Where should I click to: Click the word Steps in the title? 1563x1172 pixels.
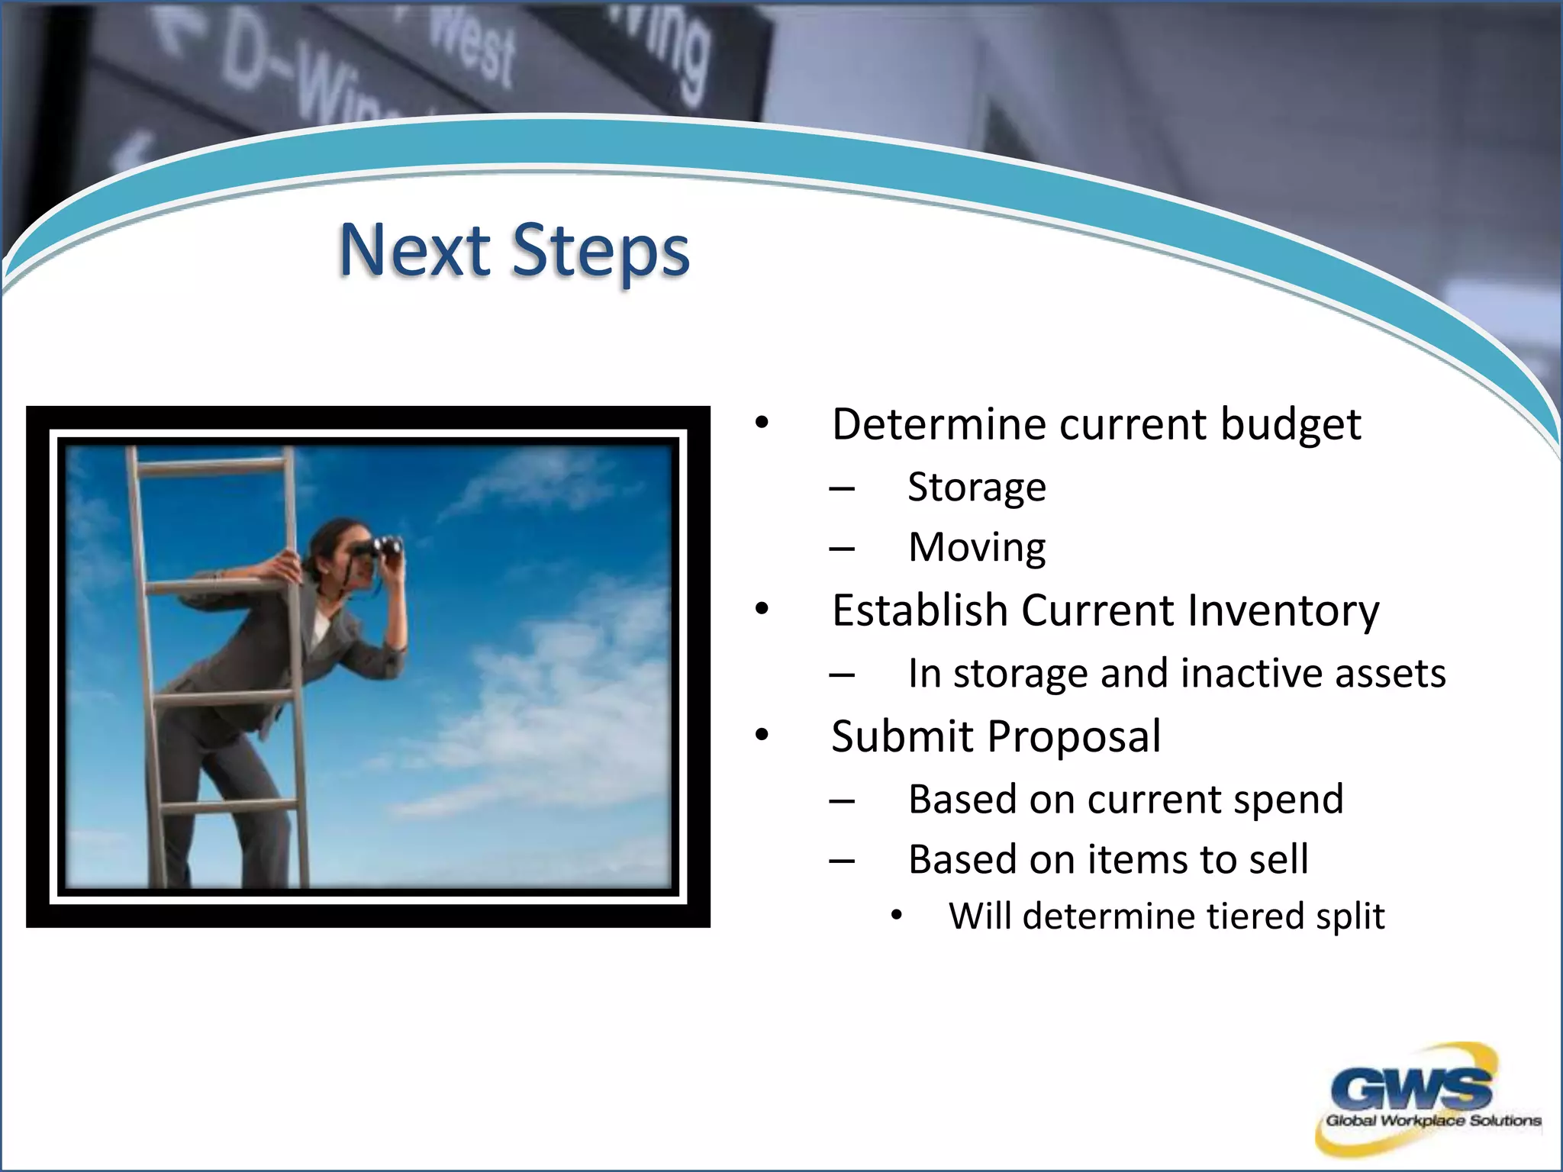click(x=601, y=252)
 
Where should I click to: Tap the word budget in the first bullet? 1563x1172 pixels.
click(x=1290, y=424)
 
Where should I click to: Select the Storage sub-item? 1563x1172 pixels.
click(x=976, y=488)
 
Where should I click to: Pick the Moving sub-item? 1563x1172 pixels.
click(x=976, y=548)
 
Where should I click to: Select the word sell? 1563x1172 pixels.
click(x=1278, y=859)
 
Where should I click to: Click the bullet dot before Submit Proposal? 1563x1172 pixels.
click(x=762, y=735)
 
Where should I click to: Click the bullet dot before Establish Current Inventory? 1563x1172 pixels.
click(x=762, y=609)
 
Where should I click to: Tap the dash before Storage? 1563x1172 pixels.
click(x=842, y=488)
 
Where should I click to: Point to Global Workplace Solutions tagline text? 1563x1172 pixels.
click(x=1432, y=1121)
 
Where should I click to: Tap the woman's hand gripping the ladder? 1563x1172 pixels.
click(x=288, y=565)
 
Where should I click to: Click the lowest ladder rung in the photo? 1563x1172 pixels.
click(x=229, y=806)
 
